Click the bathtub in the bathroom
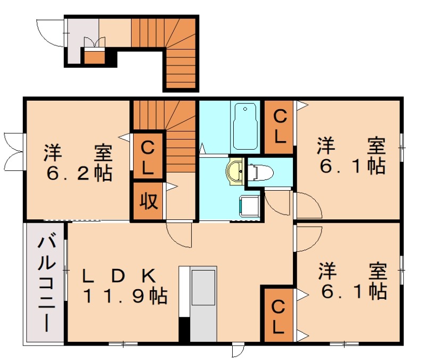[x=245, y=126]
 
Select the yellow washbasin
[x=235, y=172]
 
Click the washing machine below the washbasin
[x=249, y=206]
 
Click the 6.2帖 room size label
[x=79, y=174]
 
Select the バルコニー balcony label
[x=46, y=284]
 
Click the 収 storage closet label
[x=149, y=201]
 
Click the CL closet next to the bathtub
[x=279, y=127]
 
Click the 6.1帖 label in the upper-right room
[x=353, y=166]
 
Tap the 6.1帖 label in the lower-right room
[x=354, y=291]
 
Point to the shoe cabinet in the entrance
[x=94, y=57]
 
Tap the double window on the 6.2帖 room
[x=14, y=152]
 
